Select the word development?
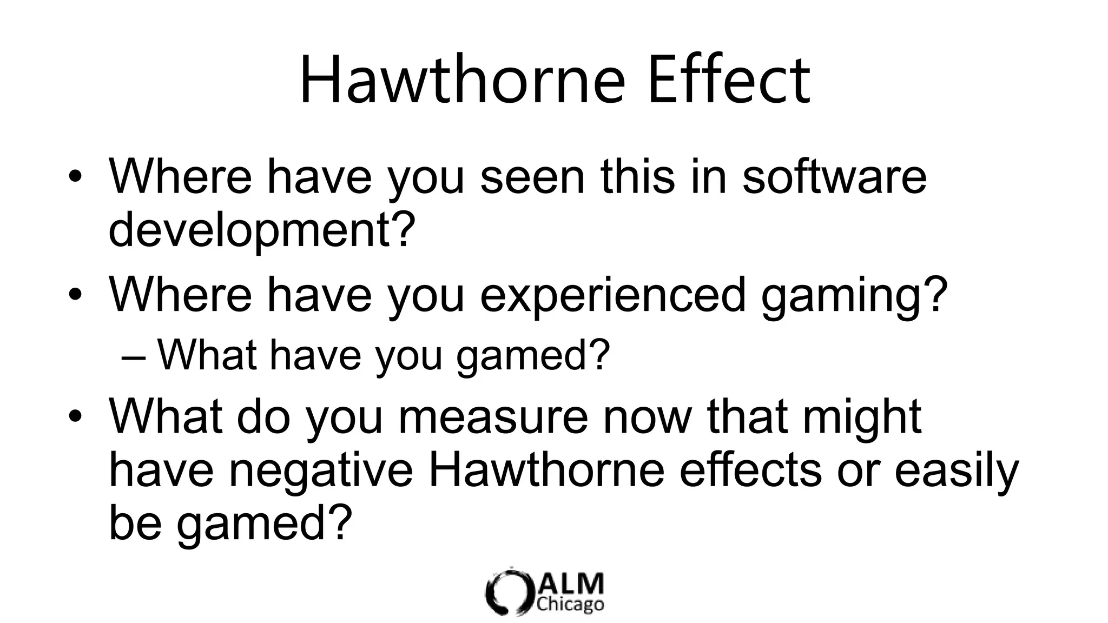(x=262, y=230)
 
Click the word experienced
(x=613, y=295)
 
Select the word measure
(x=493, y=417)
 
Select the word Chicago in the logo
(x=570, y=604)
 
